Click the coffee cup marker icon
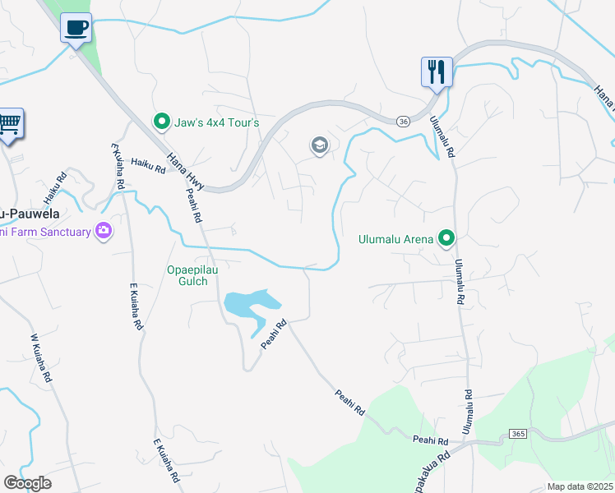[x=76, y=29]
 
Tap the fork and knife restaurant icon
[x=437, y=71]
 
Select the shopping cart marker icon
[x=9, y=125]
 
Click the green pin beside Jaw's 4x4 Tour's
[x=162, y=122]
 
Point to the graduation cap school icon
[x=319, y=146]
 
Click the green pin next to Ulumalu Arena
[x=446, y=239]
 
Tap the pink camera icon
[x=104, y=232]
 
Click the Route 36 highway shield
[x=402, y=122]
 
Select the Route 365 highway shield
[x=517, y=433]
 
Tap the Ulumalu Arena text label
[x=395, y=240]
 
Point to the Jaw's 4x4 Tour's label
[x=216, y=123]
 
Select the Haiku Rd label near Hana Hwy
[x=148, y=166]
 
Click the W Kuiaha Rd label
[x=41, y=357]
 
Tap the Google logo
[x=27, y=483]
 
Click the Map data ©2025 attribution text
[x=580, y=486]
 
